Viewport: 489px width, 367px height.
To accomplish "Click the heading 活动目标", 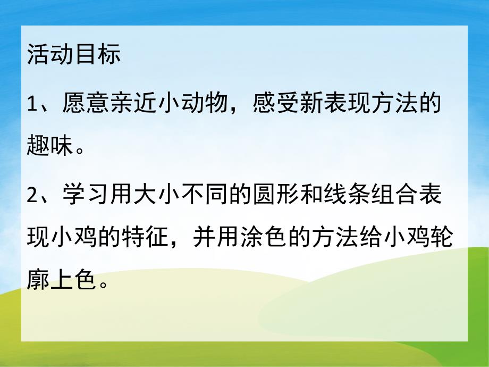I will pos(73,55).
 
